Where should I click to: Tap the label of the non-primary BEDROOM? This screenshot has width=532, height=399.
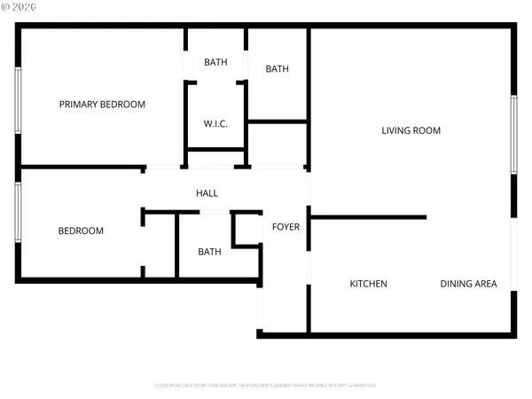tap(81, 231)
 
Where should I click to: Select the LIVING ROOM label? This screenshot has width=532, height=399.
tap(411, 131)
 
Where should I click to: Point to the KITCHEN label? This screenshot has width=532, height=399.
tap(368, 285)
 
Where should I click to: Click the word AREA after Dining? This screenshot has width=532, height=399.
tap(487, 285)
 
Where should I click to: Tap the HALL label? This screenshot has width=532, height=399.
tap(207, 193)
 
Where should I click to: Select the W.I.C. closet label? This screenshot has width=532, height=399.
tap(215, 124)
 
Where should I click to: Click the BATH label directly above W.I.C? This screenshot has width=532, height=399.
tap(215, 62)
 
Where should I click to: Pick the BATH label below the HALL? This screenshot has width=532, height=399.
tap(209, 252)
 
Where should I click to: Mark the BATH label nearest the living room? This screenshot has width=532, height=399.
tap(278, 69)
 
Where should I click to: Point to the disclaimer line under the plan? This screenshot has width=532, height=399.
tap(265, 386)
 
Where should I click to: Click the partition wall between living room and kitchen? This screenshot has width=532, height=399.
tap(369, 216)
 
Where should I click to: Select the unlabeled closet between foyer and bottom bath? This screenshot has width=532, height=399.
tap(246, 231)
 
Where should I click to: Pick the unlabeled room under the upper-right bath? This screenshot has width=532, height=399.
tap(278, 144)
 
